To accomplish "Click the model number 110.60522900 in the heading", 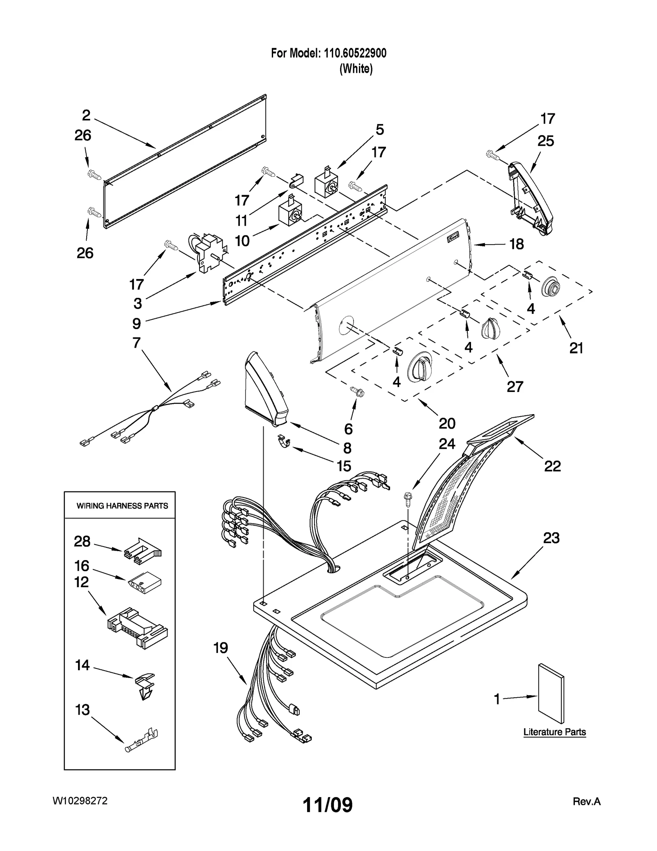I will click(355, 53).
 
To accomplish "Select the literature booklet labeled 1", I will click(551, 694).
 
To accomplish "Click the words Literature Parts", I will click(554, 732).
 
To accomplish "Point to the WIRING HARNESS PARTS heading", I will click(122, 506).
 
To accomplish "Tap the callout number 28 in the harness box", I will click(82, 541).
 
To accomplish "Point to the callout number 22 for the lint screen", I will click(552, 466).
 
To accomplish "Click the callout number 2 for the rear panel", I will click(86, 115).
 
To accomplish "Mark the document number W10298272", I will click(80, 801).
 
